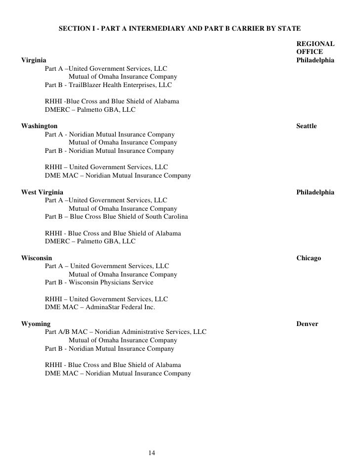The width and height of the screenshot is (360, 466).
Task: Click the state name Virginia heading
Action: pos(35,60)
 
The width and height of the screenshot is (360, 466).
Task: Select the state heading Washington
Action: pos(39,126)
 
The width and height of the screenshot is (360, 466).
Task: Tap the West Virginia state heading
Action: pos(42,192)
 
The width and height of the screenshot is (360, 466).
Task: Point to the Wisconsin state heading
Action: pos(36,258)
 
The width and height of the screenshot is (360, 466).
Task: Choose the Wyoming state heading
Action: pos(36,324)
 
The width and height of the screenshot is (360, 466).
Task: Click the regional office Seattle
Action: pos(306,126)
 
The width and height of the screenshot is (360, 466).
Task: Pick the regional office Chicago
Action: pos(309,258)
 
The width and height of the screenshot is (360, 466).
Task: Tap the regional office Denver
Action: pos(307,324)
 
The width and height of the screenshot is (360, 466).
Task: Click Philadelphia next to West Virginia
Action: pos(315,192)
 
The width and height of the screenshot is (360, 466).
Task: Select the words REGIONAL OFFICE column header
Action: pos(315,48)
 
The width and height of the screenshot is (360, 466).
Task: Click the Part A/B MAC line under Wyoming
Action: pos(126,332)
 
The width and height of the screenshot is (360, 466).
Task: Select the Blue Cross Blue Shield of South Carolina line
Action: pos(116,217)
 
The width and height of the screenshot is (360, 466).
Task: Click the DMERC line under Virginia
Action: pos(90,109)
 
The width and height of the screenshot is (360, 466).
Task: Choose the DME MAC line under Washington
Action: pos(118,176)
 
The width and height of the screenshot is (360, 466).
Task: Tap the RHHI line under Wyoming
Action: pos(113,365)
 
